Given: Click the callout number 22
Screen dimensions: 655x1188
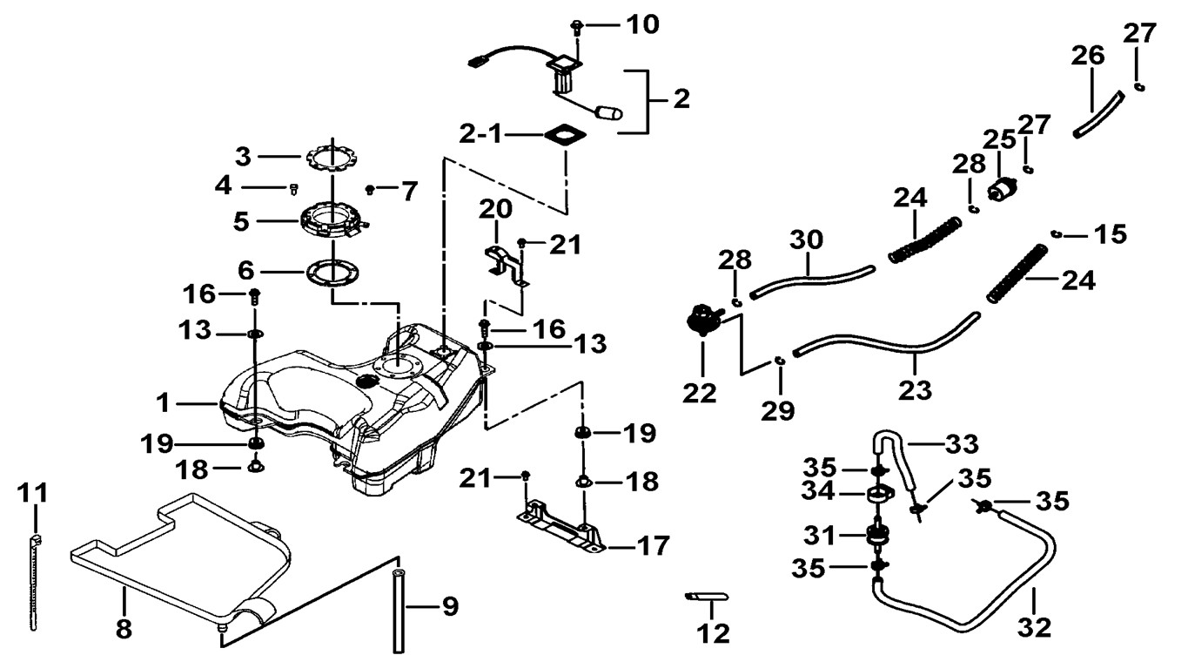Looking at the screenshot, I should [700, 393].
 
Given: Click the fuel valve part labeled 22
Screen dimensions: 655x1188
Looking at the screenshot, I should [701, 319].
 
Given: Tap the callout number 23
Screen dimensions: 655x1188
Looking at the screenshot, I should [915, 390].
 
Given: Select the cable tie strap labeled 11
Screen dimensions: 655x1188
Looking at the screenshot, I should [34, 584].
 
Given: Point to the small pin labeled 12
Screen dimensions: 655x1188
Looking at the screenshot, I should [707, 597].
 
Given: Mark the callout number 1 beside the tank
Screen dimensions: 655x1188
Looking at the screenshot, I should [162, 403].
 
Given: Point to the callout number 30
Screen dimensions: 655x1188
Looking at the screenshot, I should [807, 238].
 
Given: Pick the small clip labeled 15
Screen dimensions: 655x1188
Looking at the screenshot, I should [1055, 233].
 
